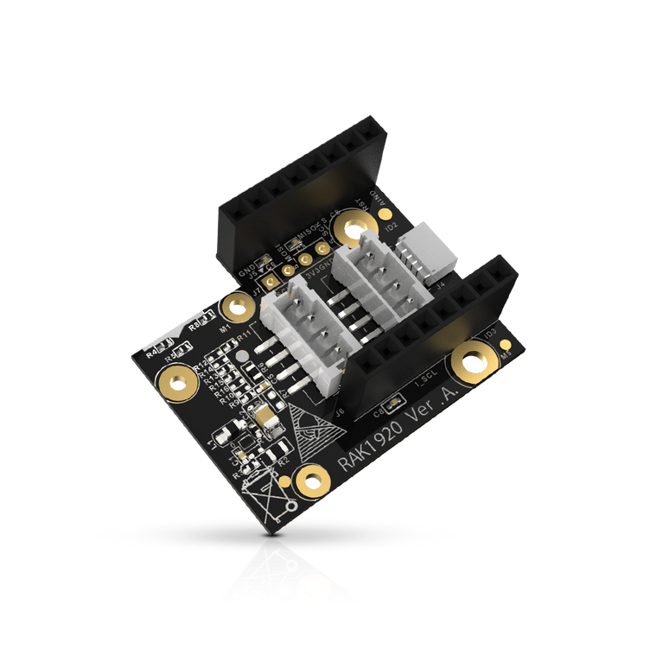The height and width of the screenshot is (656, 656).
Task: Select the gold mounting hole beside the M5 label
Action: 474,361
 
